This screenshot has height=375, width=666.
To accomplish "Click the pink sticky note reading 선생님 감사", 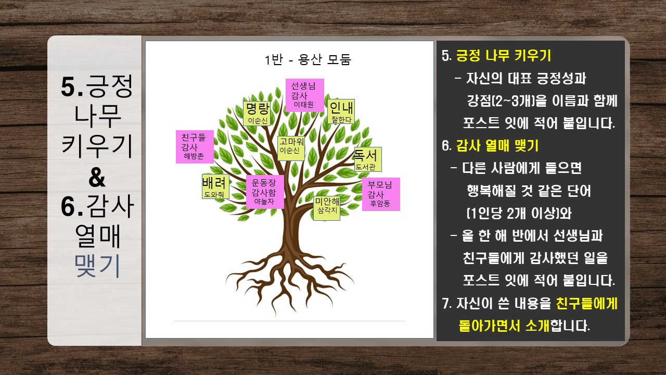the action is coord(305,95).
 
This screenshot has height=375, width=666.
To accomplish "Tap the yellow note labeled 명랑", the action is coord(257,114).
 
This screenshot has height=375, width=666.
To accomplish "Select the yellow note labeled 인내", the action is coord(341,111).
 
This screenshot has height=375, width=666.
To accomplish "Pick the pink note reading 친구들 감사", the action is coord(195,147).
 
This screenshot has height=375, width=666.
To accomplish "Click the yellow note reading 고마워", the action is coord(291,148).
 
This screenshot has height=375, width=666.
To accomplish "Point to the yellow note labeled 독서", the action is coord(368,159).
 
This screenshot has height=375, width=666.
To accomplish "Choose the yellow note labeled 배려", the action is coord(215,186).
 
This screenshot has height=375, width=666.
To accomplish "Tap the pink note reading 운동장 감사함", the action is coord(265,192).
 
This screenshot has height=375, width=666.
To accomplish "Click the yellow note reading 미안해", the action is coord(326,208).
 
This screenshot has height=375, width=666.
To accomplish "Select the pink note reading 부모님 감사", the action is coord(381,194).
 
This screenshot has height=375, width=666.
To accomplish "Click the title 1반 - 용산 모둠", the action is coord(308,59).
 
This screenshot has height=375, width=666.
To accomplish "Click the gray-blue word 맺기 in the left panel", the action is coord(97,266).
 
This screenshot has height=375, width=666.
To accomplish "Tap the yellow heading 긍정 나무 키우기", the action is coord(504,56).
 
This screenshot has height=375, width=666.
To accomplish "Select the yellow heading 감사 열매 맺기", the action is coord(497,145).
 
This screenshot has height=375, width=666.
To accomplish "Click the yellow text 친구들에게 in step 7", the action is coord(586,304).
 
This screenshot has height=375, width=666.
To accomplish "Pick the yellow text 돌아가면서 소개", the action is coord(504,326).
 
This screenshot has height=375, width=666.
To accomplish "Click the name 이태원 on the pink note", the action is coord(303,105).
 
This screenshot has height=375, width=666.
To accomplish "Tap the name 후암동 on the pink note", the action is coord(380,204).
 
